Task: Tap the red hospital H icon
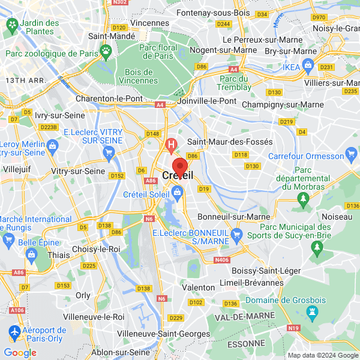coord(171,145)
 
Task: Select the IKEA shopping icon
coord(309,65)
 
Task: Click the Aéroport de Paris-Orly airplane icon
coord(14,331)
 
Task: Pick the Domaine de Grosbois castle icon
coord(311,311)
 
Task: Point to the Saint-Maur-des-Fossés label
coord(230,142)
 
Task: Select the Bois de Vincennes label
coord(139,76)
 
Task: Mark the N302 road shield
coord(120,2)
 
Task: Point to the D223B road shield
coord(48,127)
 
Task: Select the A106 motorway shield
coord(17,310)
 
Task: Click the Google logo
coord(20,353)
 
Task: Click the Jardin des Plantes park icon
coord(11,25)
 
